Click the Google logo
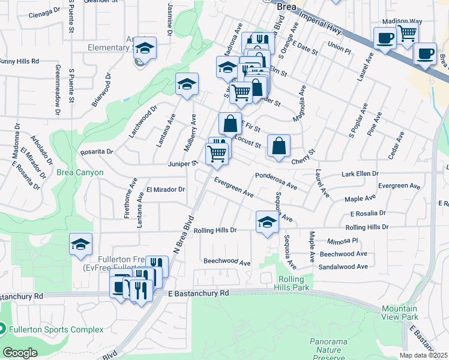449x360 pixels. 20,353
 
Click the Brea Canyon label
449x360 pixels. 80,173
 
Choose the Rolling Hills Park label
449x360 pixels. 295,284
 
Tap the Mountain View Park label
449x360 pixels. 400,313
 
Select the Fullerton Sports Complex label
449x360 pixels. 56,329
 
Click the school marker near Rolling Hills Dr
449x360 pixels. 268,221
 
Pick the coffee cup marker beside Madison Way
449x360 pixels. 384,37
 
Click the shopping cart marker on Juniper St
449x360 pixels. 217,154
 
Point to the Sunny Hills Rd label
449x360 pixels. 19,61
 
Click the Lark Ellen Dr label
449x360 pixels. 360,173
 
